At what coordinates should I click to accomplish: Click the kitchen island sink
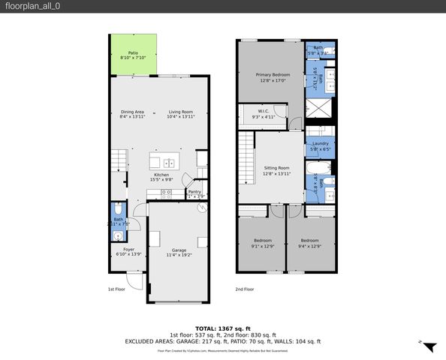point(169,163)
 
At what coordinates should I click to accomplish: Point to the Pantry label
point(194,192)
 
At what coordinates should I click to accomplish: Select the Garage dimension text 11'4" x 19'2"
point(179,254)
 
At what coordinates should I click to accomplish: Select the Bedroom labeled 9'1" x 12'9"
point(262,244)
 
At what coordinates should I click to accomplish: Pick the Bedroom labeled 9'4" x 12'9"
point(309,244)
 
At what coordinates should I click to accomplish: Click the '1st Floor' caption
point(117,289)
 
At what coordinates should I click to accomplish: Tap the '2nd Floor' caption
point(245,289)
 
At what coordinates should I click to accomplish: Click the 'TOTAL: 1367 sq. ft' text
point(222,328)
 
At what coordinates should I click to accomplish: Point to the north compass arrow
point(429,346)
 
